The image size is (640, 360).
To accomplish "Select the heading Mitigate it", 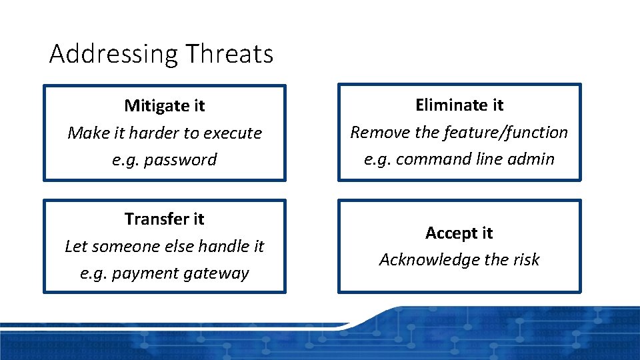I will pyautogui.click(x=165, y=105).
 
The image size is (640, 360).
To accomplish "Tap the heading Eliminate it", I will pyautogui.click(x=459, y=105).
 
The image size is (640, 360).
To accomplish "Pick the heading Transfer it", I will pyautogui.click(x=165, y=219).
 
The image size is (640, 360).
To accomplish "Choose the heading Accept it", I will pyautogui.click(x=459, y=233).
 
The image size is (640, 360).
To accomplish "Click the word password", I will pyautogui.click(x=184, y=160).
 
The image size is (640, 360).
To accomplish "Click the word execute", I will pyautogui.click(x=233, y=133).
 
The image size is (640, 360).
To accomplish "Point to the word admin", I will pyautogui.click(x=533, y=159).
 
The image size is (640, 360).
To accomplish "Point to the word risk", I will pyautogui.click(x=526, y=259).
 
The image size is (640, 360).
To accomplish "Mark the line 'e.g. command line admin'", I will pyautogui.click(x=459, y=159).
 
